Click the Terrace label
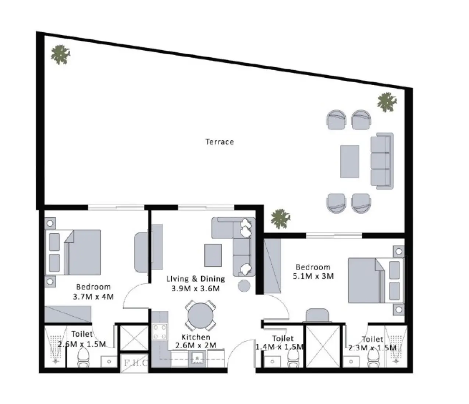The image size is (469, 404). (x=219, y=142)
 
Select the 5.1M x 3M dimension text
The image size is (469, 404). (x=313, y=276)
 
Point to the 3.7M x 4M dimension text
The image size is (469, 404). (x=93, y=296)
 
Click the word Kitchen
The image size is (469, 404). (x=196, y=337)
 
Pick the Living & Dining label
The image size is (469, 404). (x=195, y=279)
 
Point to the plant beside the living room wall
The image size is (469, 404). (x=280, y=219)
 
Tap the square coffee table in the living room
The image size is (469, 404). (x=213, y=255)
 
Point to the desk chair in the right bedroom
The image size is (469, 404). (x=317, y=315)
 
